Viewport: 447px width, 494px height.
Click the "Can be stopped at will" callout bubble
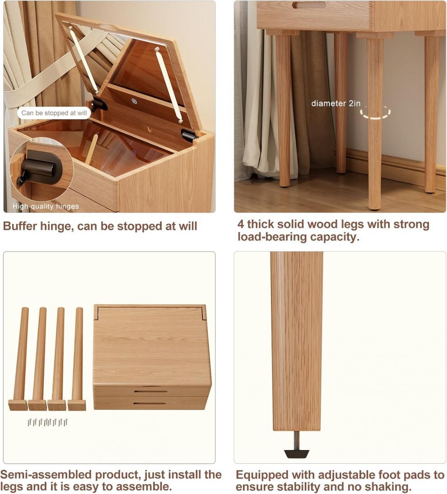(x=54, y=113)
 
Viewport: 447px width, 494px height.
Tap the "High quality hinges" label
(x=46, y=206)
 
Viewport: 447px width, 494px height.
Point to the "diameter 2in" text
(x=336, y=103)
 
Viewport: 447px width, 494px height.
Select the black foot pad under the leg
(x=297, y=454)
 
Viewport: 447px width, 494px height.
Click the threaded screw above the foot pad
(x=296, y=440)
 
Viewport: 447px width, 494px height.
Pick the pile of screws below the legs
(x=47, y=422)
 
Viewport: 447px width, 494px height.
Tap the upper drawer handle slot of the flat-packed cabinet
(x=150, y=391)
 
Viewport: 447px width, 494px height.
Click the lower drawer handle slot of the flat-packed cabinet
(x=150, y=403)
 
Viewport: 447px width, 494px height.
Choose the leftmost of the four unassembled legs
(x=20, y=359)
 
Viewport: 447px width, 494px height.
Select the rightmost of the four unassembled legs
(x=78, y=359)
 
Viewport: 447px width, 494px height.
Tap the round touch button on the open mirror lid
(x=135, y=101)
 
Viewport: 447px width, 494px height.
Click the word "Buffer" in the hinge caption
(x=20, y=226)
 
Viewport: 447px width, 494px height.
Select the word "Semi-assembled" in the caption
(x=46, y=475)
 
